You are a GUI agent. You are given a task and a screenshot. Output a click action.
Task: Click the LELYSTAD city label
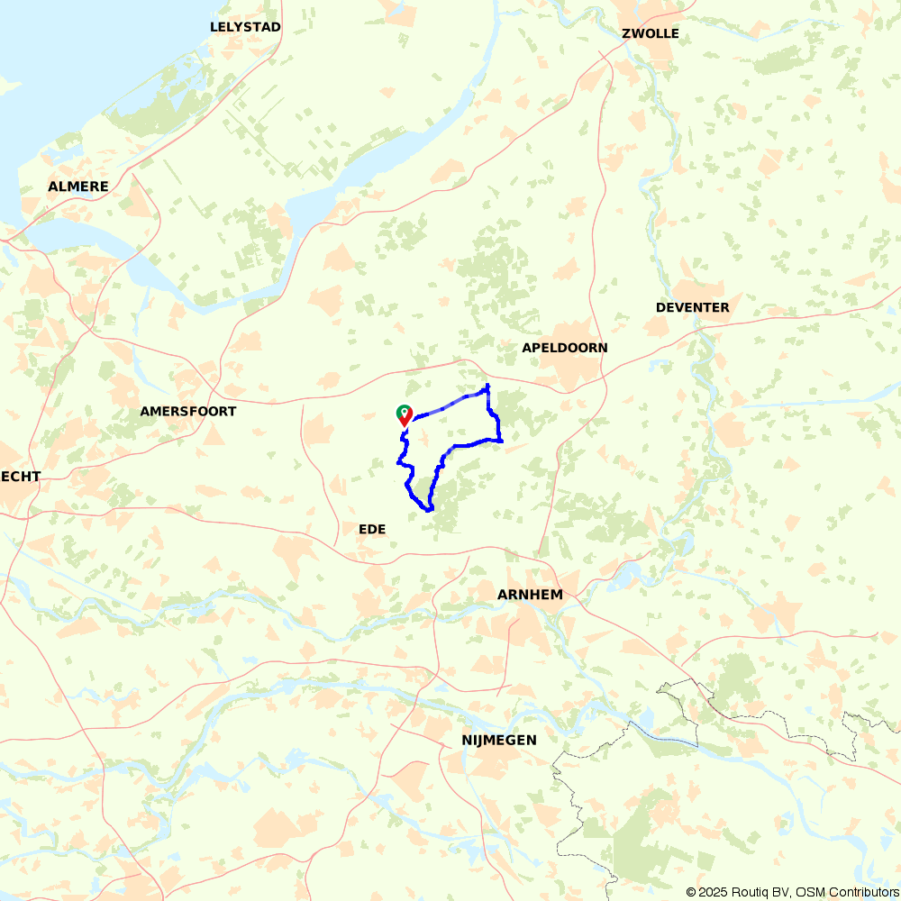[x=245, y=27]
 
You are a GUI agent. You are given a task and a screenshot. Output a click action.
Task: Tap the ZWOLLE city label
[x=651, y=34]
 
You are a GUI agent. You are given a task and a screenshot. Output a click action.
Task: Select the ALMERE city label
[x=78, y=187]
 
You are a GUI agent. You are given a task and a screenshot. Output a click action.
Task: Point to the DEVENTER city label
[x=692, y=307]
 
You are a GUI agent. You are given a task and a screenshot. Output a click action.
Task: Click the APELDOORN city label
[x=565, y=348]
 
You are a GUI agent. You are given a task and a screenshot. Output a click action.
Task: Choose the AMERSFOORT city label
[x=187, y=411]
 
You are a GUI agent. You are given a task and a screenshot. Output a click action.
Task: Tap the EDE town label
[x=372, y=529]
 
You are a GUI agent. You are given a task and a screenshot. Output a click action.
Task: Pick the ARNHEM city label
[x=530, y=595]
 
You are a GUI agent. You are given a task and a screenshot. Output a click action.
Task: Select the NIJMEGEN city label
[x=498, y=740]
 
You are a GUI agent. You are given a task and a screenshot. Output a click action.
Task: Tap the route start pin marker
[x=405, y=414]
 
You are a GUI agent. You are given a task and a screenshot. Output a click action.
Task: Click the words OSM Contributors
[x=842, y=892]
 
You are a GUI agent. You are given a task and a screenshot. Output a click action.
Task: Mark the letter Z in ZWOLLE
[x=626, y=34]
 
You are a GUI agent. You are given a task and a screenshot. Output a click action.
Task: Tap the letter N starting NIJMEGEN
[x=465, y=740]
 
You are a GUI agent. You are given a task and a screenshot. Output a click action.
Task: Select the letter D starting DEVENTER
[x=660, y=307]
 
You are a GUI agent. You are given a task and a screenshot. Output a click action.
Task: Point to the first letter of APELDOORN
[x=526, y=348]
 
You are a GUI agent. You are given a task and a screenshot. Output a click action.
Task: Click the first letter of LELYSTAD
[x=214, y=27]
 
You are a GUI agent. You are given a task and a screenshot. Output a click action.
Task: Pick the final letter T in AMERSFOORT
[x=232, y=411]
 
